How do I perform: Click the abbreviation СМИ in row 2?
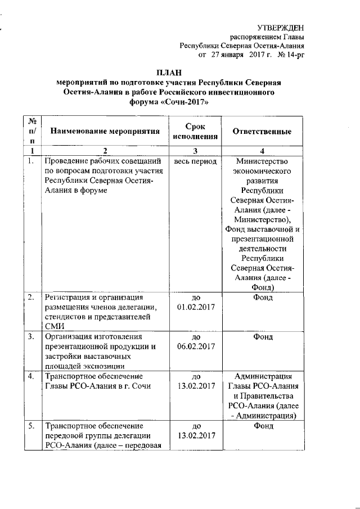(x=55, y=326)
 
